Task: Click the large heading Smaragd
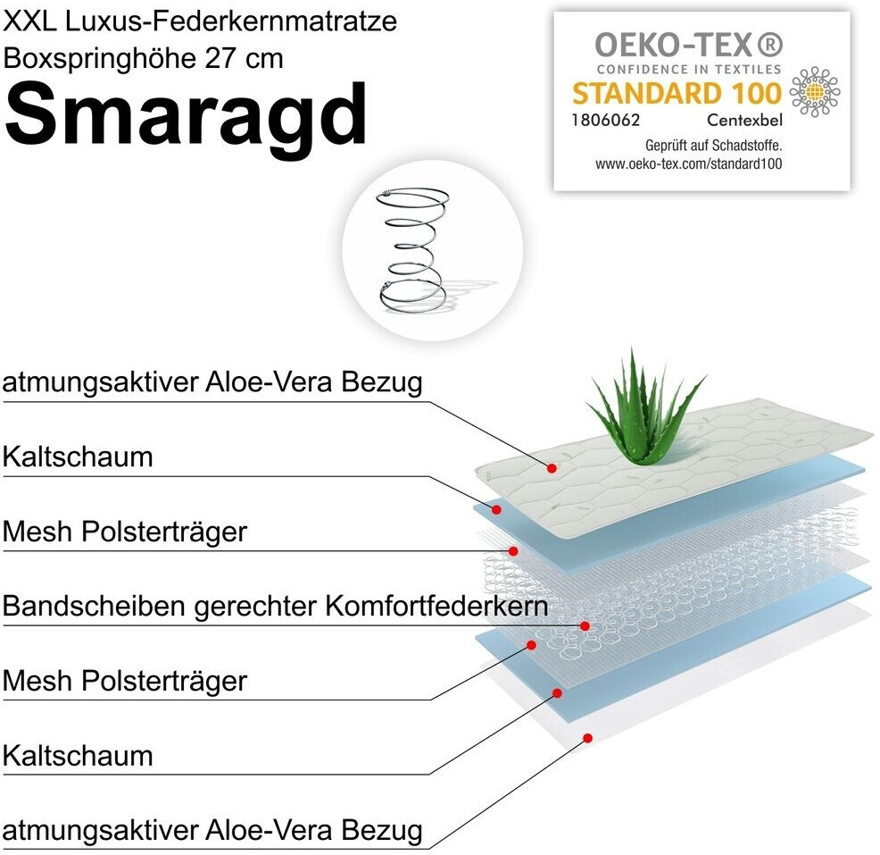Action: [187, 115]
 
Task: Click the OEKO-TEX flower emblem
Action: [814, 92]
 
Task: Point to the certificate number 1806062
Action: [606, 119]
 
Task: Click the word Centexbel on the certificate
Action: [744, 119]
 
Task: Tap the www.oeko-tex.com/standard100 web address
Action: [688, 163]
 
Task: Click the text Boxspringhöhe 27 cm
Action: [144, 58]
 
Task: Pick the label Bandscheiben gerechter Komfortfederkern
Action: [275, 606]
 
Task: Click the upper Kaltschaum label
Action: [78, 457]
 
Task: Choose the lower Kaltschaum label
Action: [78, 756]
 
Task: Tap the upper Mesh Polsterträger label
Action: [124, 532]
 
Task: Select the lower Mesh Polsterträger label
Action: [124, 681]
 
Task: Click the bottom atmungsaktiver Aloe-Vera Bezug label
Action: [212, 830]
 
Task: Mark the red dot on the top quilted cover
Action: [552, 467]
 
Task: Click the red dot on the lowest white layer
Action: [587, 737]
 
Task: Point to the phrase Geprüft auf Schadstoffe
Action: [713, 145]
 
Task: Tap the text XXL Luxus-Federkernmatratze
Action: [201, 21]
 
